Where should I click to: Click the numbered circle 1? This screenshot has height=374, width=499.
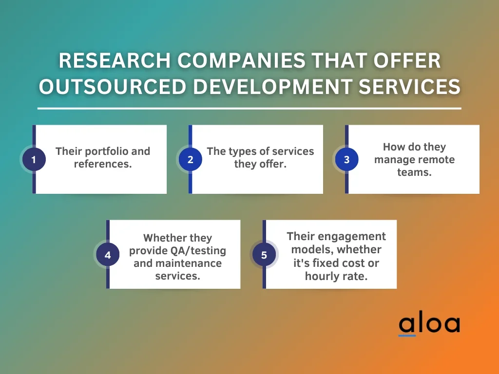click(34, 159)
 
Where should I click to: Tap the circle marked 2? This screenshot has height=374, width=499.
click(191, 159)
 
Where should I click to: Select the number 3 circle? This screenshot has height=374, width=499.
click(346, 159)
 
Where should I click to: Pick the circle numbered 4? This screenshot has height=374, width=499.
click(108, 255)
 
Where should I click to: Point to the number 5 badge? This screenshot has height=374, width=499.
click(264, 255)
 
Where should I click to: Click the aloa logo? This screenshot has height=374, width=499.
click(429, 325)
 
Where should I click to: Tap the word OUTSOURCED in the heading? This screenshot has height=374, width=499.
click(113, 87)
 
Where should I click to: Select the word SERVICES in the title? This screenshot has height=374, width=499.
click(409, 87)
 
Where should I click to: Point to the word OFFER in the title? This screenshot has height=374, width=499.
click(407, 60)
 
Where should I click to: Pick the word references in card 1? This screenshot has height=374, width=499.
click(102, 164)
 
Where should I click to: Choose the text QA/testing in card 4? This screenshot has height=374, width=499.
click(198, 251)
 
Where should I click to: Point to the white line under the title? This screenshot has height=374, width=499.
click(249, 109)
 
